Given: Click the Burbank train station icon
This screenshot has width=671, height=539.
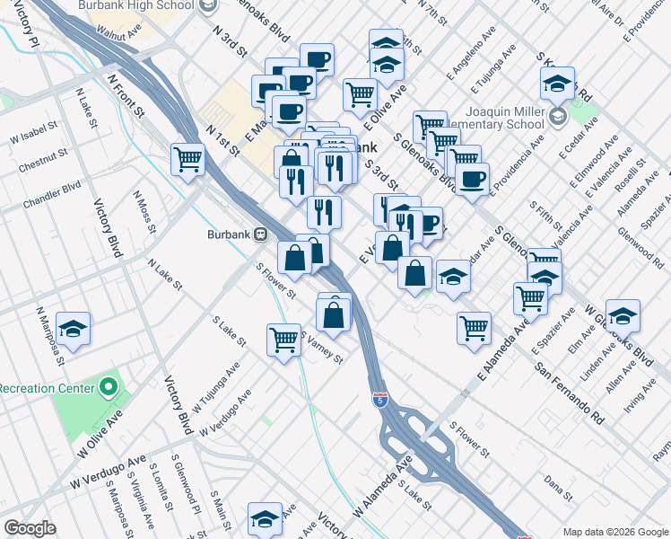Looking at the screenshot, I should point(261,234).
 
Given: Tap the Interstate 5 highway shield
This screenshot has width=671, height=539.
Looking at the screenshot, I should point(380,396).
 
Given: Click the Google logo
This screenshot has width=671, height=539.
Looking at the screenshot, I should point(29,528).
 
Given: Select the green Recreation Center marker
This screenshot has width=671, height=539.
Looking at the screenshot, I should point(109,388).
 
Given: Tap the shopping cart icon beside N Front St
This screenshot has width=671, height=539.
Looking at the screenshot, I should point(187,159).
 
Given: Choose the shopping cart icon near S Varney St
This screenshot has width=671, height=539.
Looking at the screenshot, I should point(283,340).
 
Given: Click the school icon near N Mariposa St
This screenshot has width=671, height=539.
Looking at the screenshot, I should point(73,328).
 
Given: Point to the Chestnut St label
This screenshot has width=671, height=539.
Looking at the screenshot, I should point(38,166).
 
